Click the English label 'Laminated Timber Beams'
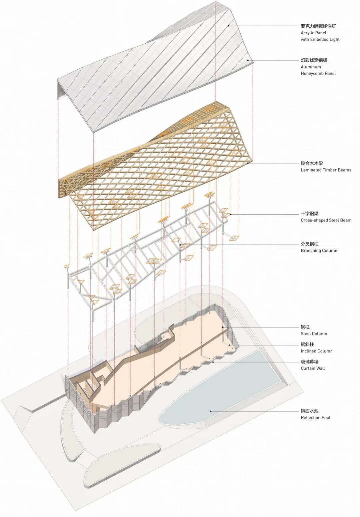coord(326,170)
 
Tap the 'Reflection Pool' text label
coord(315,417)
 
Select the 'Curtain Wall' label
coord(313,368)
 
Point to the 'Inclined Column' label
coord(316,351)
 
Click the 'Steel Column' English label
coord(314,333)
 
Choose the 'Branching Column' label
coord(319,251)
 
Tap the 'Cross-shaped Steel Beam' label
coord(326,220)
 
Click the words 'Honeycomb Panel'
coord(318,73)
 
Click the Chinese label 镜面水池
coord(309,411)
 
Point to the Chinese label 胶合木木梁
coord(312,163)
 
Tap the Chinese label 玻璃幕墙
coord(309,362)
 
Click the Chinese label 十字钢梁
coord(309,214)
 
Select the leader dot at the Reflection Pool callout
coord(211,411)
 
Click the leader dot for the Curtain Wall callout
coord(213,361)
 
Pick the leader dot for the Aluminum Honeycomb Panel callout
coord(248,60)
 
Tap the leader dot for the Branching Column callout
coord(181,245)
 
